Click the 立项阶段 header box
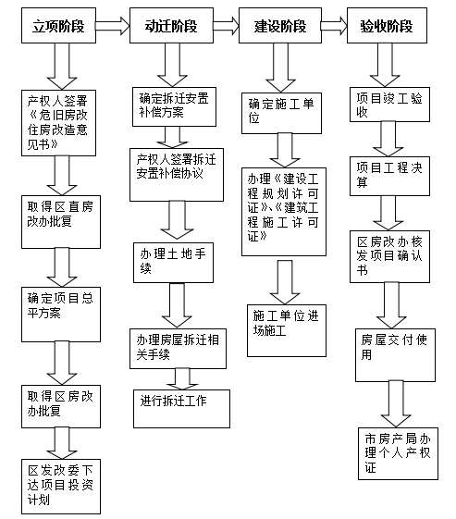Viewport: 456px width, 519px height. [x=58, y=26]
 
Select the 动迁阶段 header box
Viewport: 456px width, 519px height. [x=171, y=26]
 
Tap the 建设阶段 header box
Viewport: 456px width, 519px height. [x=280, y=26]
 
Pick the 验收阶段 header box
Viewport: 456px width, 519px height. [x=387, y=26]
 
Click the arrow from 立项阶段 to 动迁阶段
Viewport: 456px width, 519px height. [x=113, y=26]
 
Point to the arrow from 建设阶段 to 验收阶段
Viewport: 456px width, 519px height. [x=334, y=26]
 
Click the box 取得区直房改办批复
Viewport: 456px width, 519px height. [x=61, y=222]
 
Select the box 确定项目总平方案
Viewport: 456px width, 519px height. [x=61, y=315]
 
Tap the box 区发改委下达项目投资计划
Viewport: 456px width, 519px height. [x=61, y=487]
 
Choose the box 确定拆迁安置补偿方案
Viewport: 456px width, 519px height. [x=174, y=106]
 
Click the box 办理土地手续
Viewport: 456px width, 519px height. [x=173, y=263]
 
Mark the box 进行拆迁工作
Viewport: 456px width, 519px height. [x=181, y=409]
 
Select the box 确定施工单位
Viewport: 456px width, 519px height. [x=281, y=113]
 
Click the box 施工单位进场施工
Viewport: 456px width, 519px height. [x=287, y=330]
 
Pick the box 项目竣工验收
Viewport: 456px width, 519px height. [x=389, y=105]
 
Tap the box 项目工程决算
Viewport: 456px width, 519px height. [x=389, y=176]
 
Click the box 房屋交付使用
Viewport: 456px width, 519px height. [x=395, y=355]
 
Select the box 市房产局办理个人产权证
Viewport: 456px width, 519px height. [x=398, y=453]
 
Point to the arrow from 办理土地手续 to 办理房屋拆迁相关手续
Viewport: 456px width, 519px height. [x=177, y=305]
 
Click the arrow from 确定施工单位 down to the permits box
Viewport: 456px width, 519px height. [x=285, y=150]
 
